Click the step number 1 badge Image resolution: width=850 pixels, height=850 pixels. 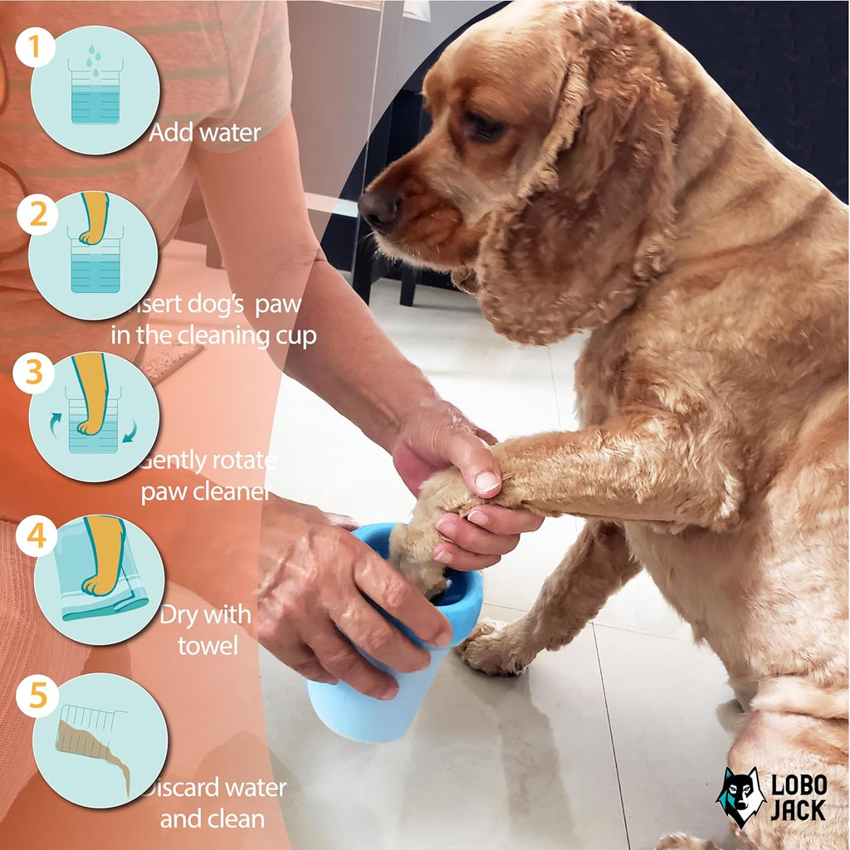[x=35, y=48]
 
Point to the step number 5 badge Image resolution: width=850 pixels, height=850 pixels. [x=36, y=697]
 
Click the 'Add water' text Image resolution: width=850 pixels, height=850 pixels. [x=205, y=132]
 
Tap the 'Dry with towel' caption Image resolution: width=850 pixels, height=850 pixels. [x=205, y=629]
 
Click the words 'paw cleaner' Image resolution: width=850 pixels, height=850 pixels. [x=205, y=491]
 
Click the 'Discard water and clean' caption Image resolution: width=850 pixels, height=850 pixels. [x=212, y=803]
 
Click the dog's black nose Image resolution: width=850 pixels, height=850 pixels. [x=379, y=210]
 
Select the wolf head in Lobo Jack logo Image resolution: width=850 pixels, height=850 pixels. [x=740, y=796]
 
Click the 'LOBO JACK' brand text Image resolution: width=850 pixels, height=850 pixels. [x=798, y=797]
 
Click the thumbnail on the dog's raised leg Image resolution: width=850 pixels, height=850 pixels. [x=486, y=481]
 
